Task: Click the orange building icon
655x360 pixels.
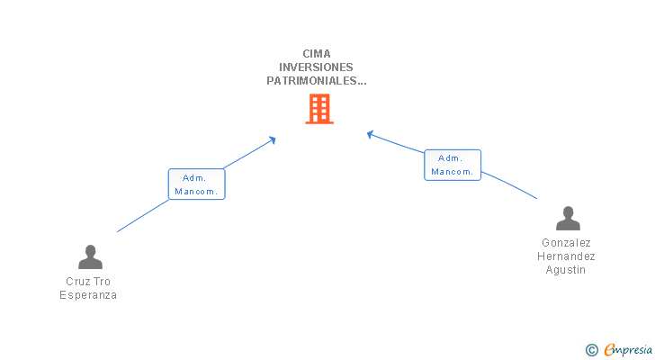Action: [x=319, y=109]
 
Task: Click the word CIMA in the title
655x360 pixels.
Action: [x=317, y=53]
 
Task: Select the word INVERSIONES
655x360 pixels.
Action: [x=316, y=67]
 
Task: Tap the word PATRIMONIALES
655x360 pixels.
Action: [x=313, y=80]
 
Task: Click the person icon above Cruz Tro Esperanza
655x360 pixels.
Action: [x=90, y=257]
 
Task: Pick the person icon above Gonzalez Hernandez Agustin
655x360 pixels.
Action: [x=568, y=219]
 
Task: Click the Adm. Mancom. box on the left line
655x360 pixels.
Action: [x=196, y=184]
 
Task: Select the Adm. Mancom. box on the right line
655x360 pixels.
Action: [x=453, y=165]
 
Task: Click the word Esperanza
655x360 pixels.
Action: [x=88, y=295]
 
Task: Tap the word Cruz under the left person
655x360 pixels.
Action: [x=76, y=282]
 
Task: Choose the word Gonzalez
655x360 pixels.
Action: [x=568, y=243]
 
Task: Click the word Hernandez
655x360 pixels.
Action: [x=568, y=256]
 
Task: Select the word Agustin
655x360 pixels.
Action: [x=568, y=270]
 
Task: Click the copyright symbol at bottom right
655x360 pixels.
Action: [x=591, y=349]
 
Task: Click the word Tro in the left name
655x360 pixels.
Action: [x=102, y=282]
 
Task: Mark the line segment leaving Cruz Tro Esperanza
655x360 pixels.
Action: [x=142, y=217]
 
